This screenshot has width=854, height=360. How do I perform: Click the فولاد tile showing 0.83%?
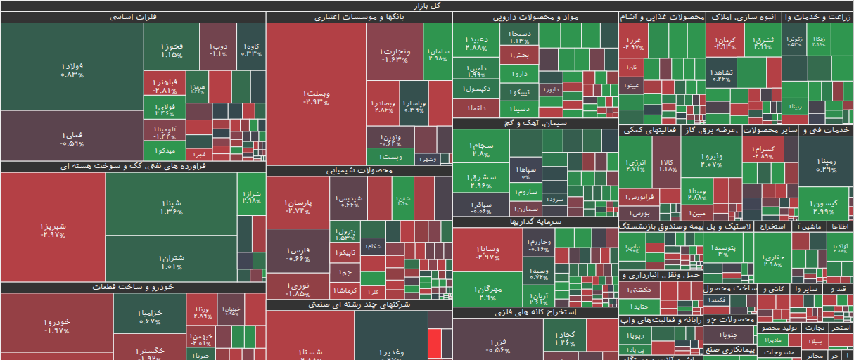(x=72, y=69)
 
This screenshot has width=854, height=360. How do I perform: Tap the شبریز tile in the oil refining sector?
(x=53, y=229)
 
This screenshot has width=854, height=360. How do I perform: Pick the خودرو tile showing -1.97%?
(x=56, y=326)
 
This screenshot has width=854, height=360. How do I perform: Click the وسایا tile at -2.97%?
(x=487, y=252)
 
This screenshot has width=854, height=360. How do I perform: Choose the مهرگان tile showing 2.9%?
(x=487, y=292)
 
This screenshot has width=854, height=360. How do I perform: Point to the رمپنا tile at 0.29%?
(x=827, y=165)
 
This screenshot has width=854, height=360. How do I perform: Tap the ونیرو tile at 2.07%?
(x=711, y=160)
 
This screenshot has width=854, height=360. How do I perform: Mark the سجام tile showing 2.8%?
(x=481, y=149)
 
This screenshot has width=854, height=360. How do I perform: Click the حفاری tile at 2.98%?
(x=772, y=261)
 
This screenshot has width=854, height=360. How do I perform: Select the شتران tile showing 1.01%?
(x=171, y=262)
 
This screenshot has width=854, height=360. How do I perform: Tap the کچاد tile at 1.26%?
(x=564, y=338)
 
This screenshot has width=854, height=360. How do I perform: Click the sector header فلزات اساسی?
(x=133, y=17)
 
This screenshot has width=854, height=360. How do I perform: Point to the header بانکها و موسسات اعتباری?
(x=359, y=17)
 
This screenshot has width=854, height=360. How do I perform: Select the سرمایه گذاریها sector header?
(x=535, y=221)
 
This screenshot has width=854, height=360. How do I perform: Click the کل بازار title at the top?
(x=427, y=6)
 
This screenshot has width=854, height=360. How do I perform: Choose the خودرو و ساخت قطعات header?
(x=133, y=287)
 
